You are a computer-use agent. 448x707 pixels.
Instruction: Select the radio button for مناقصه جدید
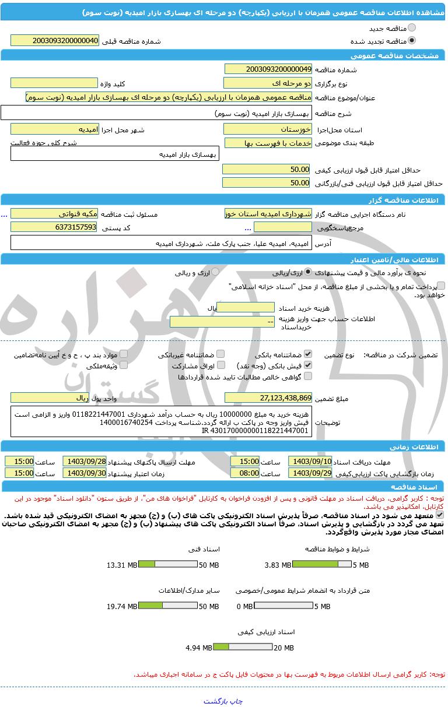point(412,28)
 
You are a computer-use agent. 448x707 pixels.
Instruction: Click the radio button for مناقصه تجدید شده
point(412,41)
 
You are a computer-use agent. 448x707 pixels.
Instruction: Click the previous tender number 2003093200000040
point(55,41)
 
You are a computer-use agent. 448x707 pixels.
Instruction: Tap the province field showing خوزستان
point(268,129)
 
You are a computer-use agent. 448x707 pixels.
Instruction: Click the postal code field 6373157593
point(54,227)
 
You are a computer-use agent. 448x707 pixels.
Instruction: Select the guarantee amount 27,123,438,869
point(268,398)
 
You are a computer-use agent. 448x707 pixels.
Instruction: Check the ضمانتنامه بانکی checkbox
point(308,354)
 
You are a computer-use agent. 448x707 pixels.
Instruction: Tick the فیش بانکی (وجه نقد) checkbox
point(308,365)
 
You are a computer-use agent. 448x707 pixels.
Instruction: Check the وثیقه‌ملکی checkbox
point(124,365)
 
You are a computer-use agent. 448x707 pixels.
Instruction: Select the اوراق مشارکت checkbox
point(220,365)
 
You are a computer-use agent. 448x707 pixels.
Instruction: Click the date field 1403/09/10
point(310,461)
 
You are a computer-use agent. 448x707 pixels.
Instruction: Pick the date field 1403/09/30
point(85,473)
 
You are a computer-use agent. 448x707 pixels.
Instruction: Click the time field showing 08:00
point(245,473)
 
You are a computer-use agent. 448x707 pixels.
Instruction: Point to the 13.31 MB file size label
point(122,565)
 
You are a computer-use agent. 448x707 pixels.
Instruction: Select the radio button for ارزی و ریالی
point(215,272)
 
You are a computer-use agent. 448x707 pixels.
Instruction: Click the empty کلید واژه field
point(54,83)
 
